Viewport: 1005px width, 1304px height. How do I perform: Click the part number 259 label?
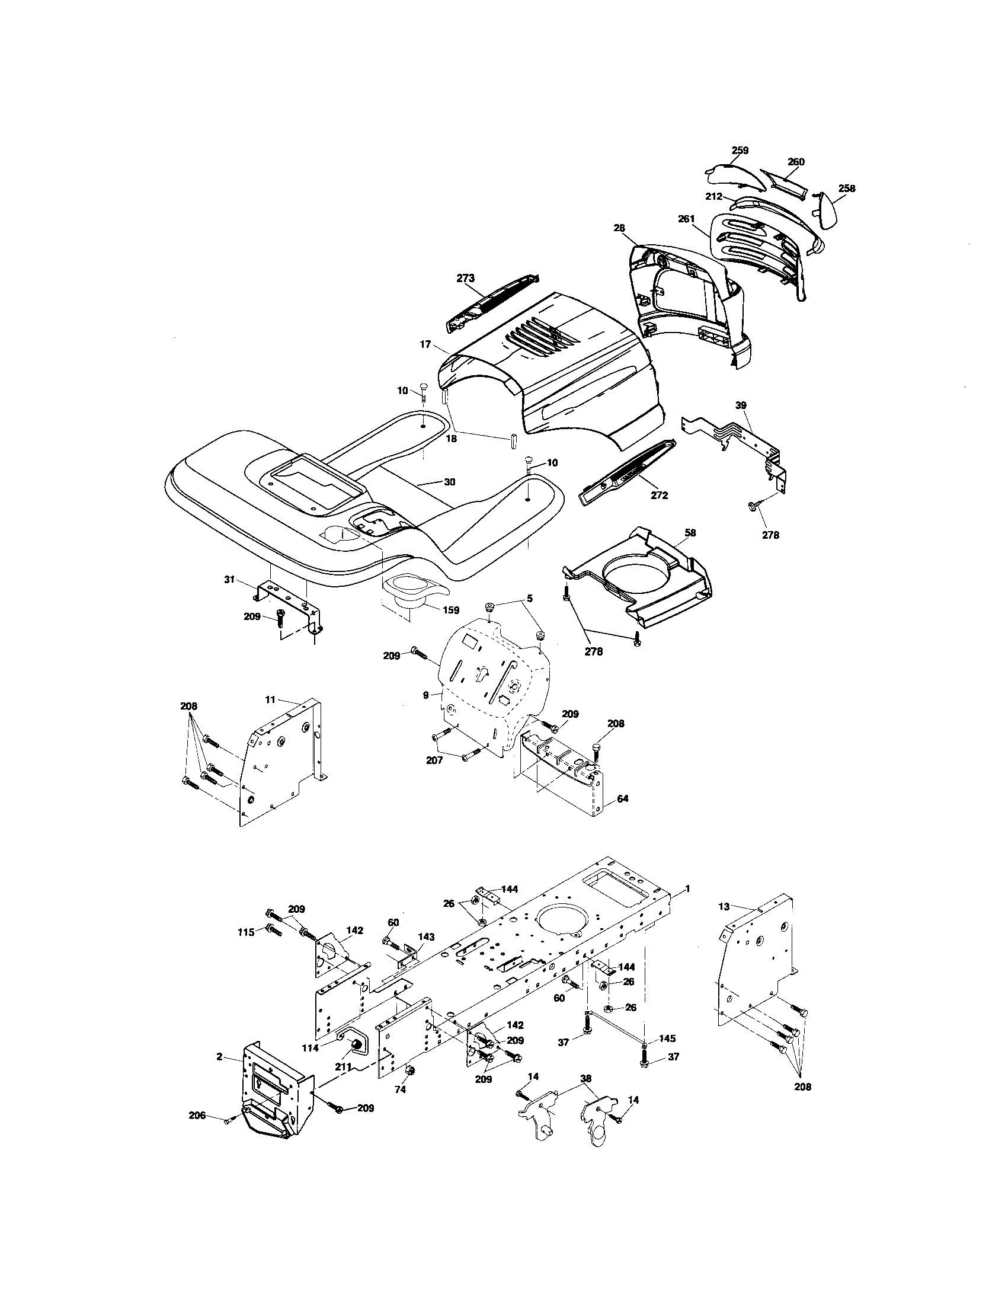[x=740, y=151]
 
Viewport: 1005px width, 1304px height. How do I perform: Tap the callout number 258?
[x=846, y=188]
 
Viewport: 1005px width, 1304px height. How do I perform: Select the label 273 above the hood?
[x=466, y=278]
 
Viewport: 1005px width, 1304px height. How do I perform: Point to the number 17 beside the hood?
[x=425, y=344]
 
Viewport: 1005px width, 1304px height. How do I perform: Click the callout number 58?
[x=690, y=532]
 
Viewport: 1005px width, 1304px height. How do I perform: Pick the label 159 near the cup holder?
[x=450, y=609]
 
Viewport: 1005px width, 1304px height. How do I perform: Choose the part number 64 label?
[x=622, y=798]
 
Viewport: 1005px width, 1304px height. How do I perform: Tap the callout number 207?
[x=434, y=760]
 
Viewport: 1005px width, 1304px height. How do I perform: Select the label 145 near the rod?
[x=668, y=1038]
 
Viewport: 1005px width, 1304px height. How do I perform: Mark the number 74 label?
[x=401, y=1089]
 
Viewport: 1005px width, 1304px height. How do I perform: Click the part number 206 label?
[x=197, y=1115]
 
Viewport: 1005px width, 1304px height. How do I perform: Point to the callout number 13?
[x=724, y=923]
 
